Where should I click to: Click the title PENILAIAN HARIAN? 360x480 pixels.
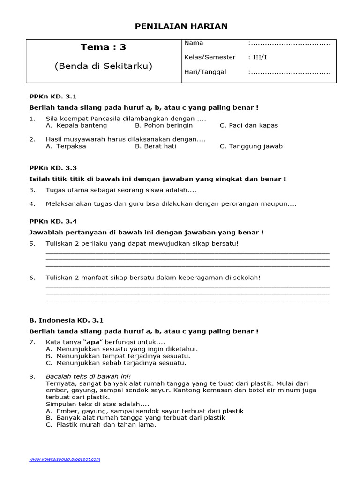click(181, 26)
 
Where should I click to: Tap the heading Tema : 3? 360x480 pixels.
click(103, 47)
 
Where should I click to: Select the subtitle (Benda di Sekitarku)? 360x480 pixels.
click(103, 66)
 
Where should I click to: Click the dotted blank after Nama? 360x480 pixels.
click(289, 44)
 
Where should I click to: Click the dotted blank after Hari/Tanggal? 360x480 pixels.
click(289, 72)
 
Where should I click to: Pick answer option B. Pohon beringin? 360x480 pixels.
click(164, 125)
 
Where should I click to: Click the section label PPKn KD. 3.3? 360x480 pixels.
click(53, 167)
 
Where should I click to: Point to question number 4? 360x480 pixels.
click(32, 204)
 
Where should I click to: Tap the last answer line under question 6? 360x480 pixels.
click(187, 300)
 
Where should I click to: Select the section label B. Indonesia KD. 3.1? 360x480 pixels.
click(66, 320)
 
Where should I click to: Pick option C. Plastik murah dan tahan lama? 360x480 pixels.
click(101, 425)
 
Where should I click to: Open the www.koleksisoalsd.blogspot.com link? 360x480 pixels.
click(65, 459)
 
